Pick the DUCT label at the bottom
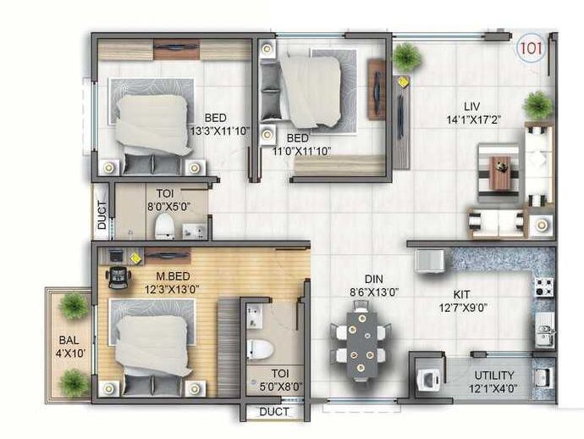273,412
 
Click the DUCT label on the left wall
102,214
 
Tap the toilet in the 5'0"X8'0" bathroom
257,349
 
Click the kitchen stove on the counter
543,286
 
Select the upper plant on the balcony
74,305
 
